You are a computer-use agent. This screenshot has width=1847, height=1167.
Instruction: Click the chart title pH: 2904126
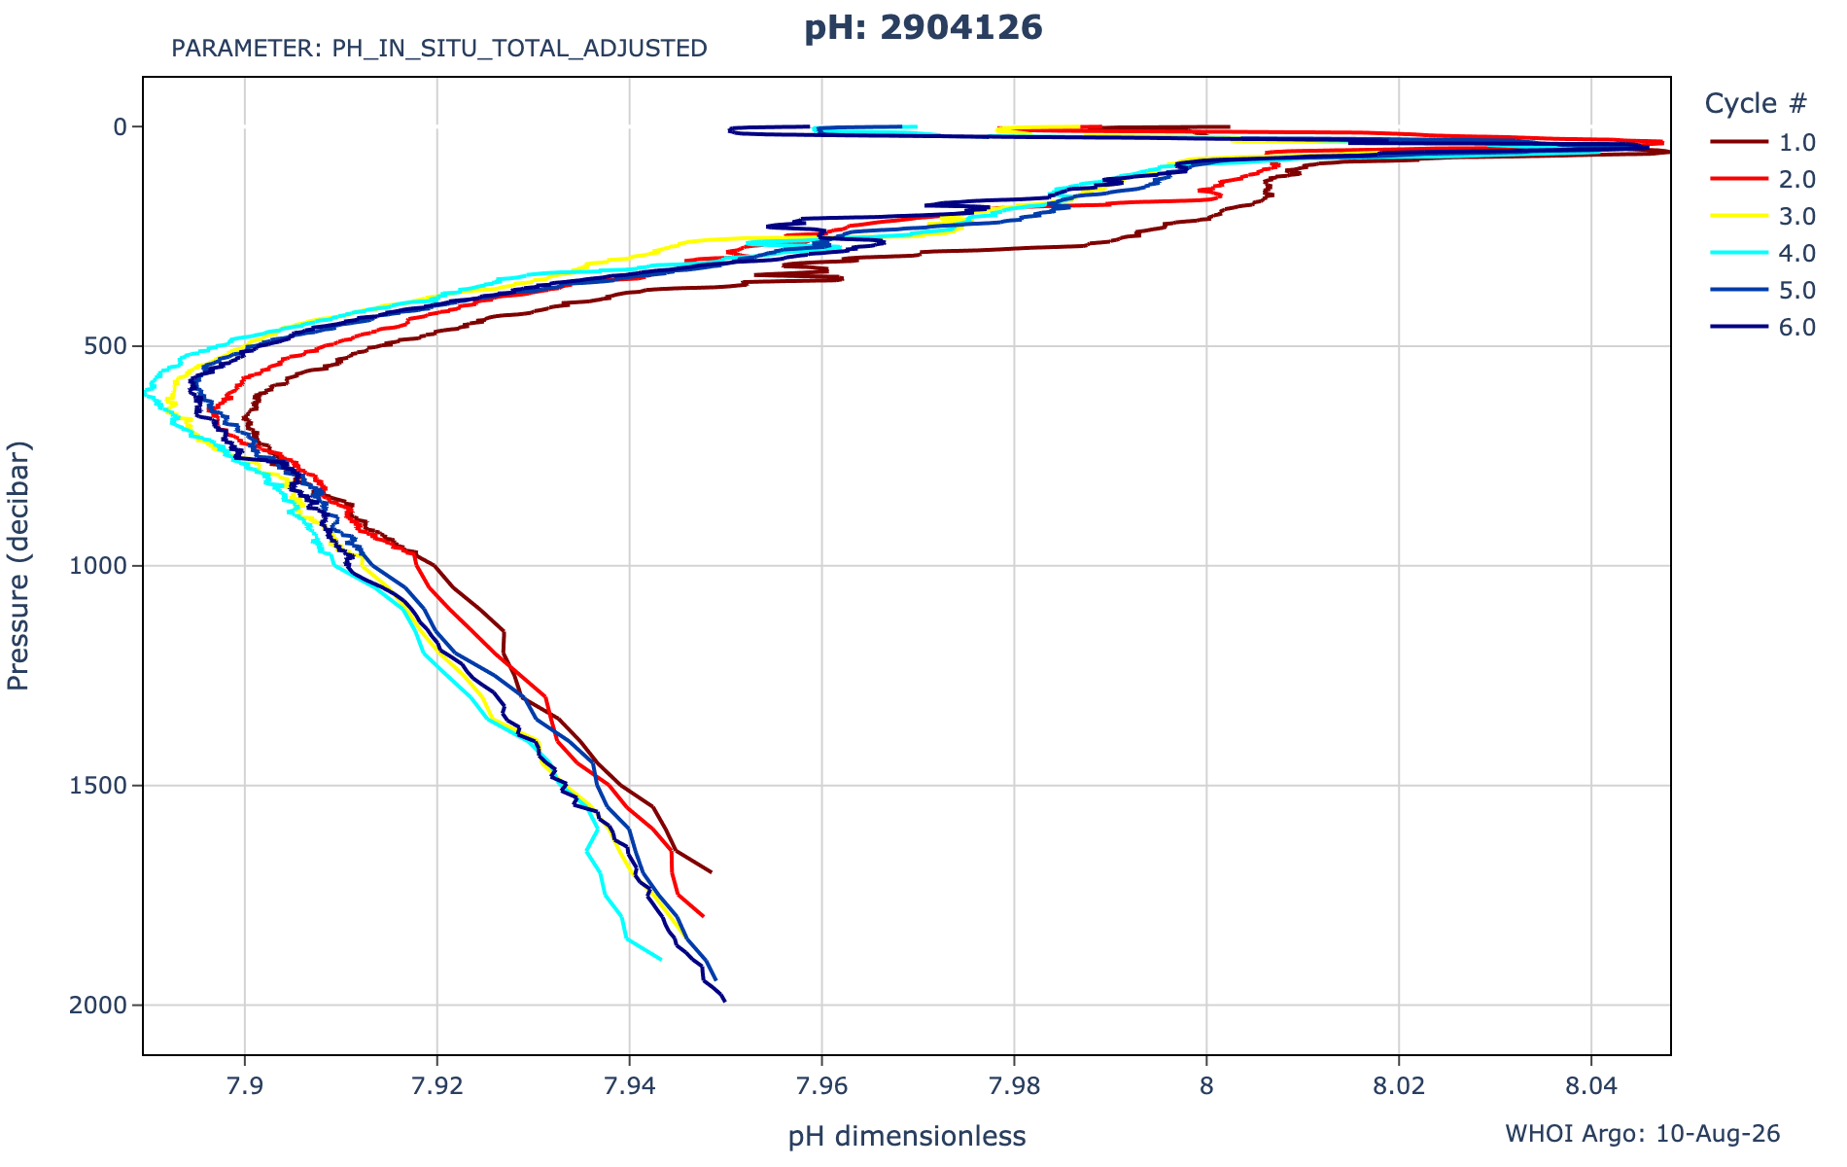pyautogui.click(x=923, y=27)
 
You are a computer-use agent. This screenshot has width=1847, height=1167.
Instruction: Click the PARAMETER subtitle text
pyautogui.click(x=439, y=49)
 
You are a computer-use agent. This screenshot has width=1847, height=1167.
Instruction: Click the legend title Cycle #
pyautogui.click(x=1756, y=103)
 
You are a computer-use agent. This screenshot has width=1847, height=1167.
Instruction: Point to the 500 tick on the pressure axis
pyautogui.click(x=110, y=346)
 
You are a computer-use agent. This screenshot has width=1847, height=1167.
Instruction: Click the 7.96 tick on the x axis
pyautogui.click(x=821, y=1086)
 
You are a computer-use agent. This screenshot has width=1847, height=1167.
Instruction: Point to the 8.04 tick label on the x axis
pyautogui.click(x=1591, y=1086)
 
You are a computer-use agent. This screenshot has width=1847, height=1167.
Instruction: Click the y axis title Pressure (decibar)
pyautogui.click(x=18, y=566)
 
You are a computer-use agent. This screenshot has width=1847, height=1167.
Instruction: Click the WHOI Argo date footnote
pyautogui.click(x=1643, y=1134)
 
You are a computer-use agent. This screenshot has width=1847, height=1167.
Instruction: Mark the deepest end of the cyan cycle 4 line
pyautogui.click(x=661, y=959)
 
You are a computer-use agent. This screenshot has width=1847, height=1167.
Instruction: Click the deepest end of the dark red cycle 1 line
pyautogui.click(x=711, y=871)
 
